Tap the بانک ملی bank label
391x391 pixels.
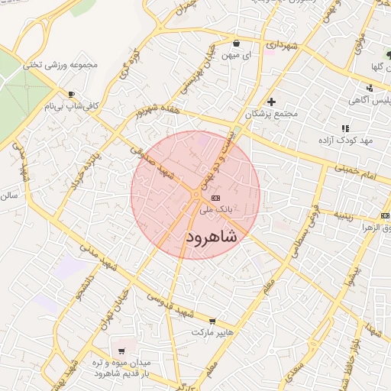tap(215, 208)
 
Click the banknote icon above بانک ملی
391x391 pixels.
tap(214, 197)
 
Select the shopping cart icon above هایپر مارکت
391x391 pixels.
tap(212, 322)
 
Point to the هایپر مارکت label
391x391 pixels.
tap(212, 334)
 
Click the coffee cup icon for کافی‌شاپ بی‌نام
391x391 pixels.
tap(71, 95)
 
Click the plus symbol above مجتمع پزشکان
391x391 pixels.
tap(270, 102)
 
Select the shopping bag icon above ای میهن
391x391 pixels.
tap(236, 43)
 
